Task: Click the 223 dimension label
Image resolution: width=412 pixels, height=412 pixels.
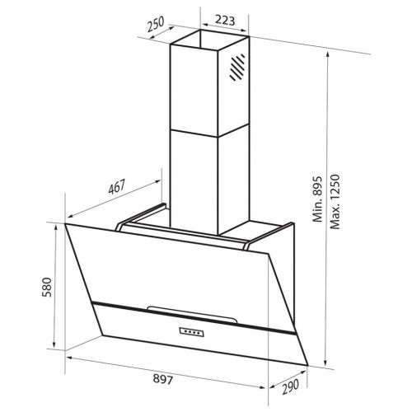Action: (225, 21)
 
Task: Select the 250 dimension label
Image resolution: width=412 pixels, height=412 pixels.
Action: (156, 24)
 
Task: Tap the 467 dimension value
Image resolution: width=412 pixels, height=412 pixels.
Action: (117, 187)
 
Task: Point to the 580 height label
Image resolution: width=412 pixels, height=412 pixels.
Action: (47, 288)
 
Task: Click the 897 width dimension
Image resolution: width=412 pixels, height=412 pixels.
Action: (163, 379)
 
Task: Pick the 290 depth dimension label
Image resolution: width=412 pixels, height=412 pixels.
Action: (290, 386)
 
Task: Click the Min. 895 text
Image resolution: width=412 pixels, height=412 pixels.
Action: (317, 199)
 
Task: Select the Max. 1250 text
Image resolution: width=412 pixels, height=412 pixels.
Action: (335, 201)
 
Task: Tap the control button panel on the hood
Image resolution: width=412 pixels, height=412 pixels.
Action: (192, 332)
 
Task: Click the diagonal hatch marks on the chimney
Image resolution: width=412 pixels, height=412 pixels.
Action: (237, 68)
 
